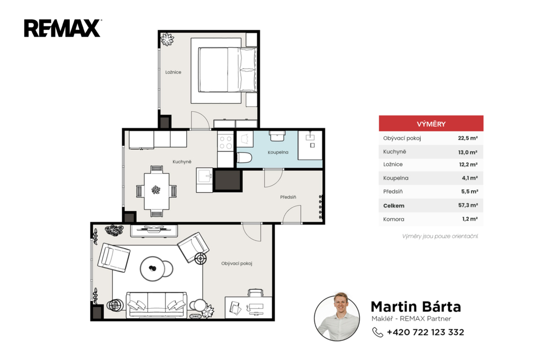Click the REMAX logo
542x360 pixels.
pyautogui.click(x=62, y=28)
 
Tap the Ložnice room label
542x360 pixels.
pyautogui.click(x=173, y=73)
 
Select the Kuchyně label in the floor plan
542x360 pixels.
pyautogui.click(x=182, y=161)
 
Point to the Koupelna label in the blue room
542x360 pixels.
pyautogui.click(x=278, y=152)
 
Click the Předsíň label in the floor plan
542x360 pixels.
pyautogui.click(x=288, y=197)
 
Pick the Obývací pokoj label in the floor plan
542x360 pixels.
pyautogui.click(x=237, y=264)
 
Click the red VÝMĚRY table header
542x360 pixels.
pyautogui.click(x=431, y=123)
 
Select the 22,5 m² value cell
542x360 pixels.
pyautogui.click(x=468, y=138)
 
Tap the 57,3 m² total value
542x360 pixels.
pyautogui.click(x=468, y=205)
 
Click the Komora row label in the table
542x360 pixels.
pyautogui.click(x=393, y=219)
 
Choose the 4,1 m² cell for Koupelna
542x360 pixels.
pyautogui.click(x=470, y=178)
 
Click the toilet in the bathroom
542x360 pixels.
pyautogui.click(x=244, y=158)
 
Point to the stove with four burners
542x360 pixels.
pyautogui.click(x=225, y=142)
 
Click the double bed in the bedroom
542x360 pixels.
pyautogui.click(x=224, y=70)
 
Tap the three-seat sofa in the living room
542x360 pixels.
pyautogui.click(x=157, y=304)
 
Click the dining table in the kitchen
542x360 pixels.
pyautogui.click(x=156, y=191)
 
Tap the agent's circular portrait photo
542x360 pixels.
pyautogui.click(x=337, y=318)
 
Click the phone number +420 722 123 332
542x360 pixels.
pyautogui.click(x=425, y=332)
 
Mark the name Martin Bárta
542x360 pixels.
pyautogui.click(x=416, y=307)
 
